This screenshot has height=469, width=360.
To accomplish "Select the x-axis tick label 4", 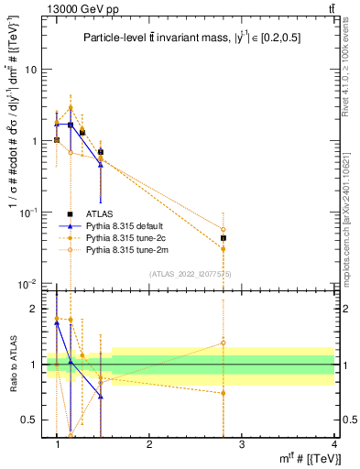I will pyautogui.click(x=333, y=444).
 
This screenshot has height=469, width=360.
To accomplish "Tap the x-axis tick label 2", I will pyautogui.click(x=149, y=444).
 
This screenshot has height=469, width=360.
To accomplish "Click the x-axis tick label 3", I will pyautogui.click(x=241, y=444).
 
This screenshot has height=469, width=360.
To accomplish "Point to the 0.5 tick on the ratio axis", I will pyautogui.click(x=30, y=420).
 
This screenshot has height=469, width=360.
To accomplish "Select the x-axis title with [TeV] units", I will pyautogui.click(x=301, y=459).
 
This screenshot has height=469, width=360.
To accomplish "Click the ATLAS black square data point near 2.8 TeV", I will pyautogui.click(x=223, y=238).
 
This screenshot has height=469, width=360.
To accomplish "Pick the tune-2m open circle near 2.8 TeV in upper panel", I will pyautogui.click(x=223, y=230).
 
